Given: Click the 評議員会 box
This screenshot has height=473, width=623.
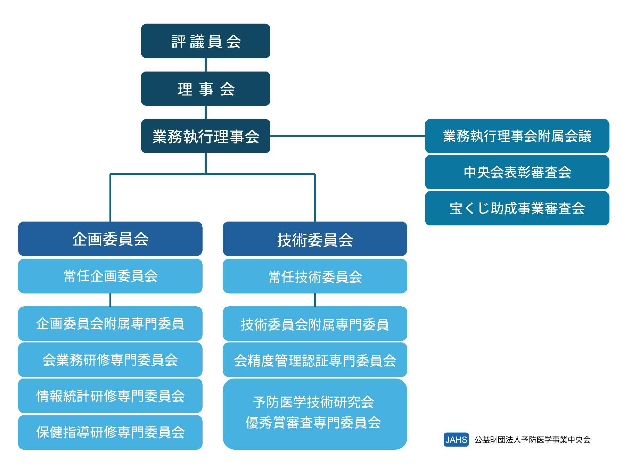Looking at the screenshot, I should coord(205,41).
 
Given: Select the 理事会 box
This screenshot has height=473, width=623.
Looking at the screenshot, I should coord(205,89).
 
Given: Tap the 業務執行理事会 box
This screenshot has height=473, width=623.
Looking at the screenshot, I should coord(205,136).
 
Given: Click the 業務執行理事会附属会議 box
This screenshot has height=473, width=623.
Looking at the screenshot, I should coord(517,136).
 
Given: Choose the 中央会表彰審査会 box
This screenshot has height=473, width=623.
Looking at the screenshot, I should coord(517,172).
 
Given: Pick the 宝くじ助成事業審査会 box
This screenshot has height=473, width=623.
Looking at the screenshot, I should coord(517,208).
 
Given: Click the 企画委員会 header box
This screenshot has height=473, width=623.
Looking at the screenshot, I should coord(110,239).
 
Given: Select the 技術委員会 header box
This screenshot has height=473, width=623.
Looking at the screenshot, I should coord(314,239).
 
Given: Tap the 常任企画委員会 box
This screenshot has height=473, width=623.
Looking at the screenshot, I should coord(110,276).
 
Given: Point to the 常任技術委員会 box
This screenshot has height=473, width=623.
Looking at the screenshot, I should coord(314,276).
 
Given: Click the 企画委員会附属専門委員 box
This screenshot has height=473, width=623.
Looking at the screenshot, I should coord(110,324).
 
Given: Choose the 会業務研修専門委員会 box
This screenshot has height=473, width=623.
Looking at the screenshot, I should coord(110,360).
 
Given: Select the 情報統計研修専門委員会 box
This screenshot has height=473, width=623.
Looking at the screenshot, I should coord(110,396).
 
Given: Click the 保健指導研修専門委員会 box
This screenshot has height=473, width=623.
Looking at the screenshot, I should coord(110,432).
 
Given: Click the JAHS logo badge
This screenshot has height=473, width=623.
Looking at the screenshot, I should coord(456,440).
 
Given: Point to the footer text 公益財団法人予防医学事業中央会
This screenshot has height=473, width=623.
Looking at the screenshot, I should coord(532,440).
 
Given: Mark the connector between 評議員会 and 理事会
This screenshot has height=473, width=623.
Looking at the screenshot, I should coord(206,65).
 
